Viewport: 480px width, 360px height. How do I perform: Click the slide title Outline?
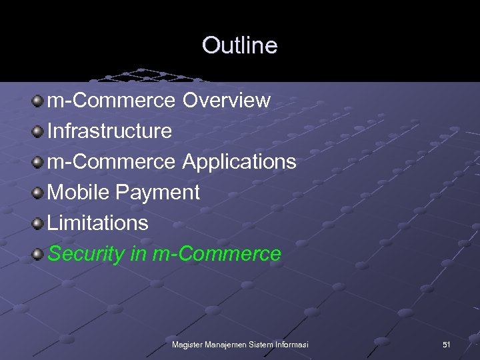click(239, 45)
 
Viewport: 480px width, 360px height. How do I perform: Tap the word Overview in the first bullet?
click(227, 101)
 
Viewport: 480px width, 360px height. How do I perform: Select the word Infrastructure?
click(110, 131)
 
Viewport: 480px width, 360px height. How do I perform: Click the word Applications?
click(239, 161)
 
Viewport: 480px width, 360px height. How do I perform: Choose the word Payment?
click(157, 193)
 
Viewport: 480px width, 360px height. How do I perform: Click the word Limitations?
click(98, 223)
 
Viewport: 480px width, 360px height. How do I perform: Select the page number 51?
click(447, 344)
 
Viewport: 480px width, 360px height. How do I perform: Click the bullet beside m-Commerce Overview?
click(39, 101)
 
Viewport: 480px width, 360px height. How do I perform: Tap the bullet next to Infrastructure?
click(39, 131)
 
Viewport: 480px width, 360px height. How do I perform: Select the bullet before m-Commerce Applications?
click(39, 162)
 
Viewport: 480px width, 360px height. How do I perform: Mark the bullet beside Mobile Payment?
click(39, 193)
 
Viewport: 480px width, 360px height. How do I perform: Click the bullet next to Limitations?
click(39, 223)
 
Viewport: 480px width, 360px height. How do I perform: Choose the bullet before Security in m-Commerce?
click(39, 254)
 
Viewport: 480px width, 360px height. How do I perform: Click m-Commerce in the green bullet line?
click(217, 254)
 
